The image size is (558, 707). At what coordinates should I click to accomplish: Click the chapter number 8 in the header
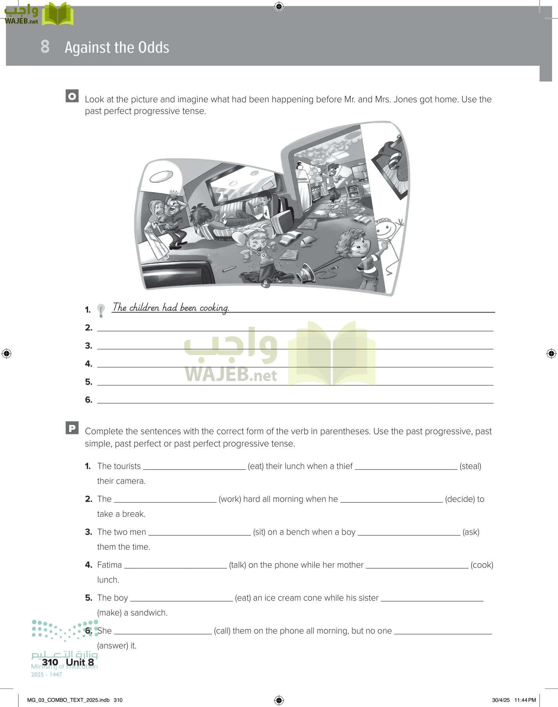(45, 46)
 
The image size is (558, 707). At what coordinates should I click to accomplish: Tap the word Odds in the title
(154, 48)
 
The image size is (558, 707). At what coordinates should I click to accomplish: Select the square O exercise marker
(72, 96)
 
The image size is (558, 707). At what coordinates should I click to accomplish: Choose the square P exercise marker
(72, 428)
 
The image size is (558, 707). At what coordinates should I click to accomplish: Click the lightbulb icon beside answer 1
(101, 310)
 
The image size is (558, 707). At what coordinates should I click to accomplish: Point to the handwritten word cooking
(214, 308)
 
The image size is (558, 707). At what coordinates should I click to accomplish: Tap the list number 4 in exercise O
(89, 364)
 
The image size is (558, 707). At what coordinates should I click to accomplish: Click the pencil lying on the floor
(229, 269)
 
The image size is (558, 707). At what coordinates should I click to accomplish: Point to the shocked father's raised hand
(173, 193)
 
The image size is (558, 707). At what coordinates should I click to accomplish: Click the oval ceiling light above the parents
(161, 176)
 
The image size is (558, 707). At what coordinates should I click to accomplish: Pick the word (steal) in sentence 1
(470, 466)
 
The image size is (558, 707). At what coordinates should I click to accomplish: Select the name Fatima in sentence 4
(110, 565)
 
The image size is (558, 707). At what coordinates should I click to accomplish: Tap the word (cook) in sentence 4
(482, 565)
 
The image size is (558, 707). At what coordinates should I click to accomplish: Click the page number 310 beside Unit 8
(50, 662)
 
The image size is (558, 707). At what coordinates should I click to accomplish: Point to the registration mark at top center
(279, 6)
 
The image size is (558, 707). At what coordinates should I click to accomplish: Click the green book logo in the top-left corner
(58, 15)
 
